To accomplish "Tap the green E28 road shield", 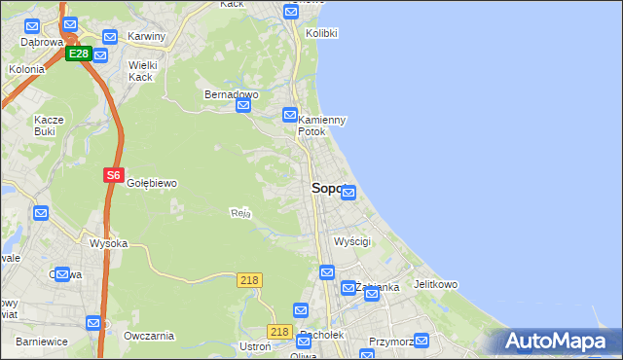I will pyautogui.click(x=79, y=54).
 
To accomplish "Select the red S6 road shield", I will pyautogui.click(x=113, y=176).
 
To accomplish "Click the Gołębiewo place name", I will pyautogui.click(x=151, y=183).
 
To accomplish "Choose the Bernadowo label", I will pyautogui.click(x=231, y=95).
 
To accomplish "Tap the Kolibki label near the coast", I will pyautogui.click(x=321, y=33).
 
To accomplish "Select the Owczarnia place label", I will pyautogui.click(x=149, y=336).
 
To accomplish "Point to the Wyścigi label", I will pyautogui.click(x=352, y=241).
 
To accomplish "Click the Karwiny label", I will pyautogui.click(x=147, y=37).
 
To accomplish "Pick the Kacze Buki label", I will pyautogui.click(x=49, y=125).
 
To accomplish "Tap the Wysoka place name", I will pyautogui.click(x=108, y=243).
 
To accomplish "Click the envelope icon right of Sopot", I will pyautogui.click(x=348, y=193).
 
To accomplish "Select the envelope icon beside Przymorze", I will pyautogui.click(x=421, y=341).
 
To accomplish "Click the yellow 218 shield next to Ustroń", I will pyautogui.click(x=280, y=332).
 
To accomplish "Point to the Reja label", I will pyautogui.click(x=240, y=213).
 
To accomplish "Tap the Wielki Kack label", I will pyautogui.click(x=142, y=71).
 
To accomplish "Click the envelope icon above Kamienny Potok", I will pyautogui.click(x=290, y=115).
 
